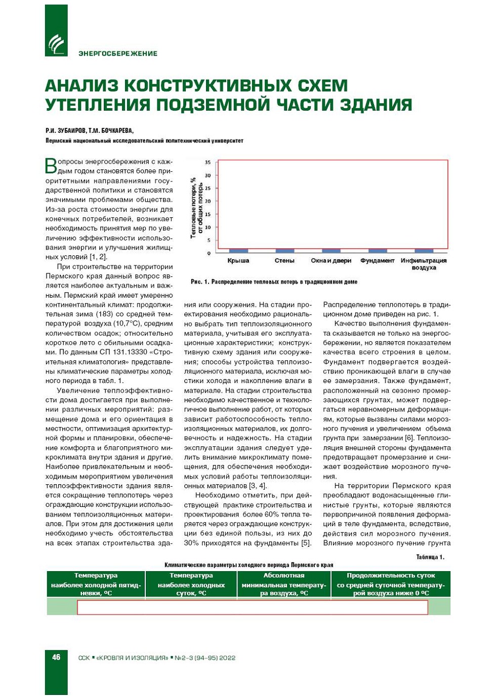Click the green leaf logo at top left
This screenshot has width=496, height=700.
56,44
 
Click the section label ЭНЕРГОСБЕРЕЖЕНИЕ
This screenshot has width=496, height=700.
118,54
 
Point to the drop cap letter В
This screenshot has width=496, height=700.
51,166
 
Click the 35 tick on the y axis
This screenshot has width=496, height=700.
208,163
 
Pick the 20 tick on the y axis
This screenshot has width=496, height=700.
208,201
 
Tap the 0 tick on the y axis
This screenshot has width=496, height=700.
209,253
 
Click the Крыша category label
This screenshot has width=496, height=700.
238,261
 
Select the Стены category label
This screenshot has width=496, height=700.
284,261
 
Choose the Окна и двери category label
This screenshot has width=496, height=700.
331,261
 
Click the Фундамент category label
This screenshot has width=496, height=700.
377,261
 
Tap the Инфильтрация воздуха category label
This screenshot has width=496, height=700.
424,264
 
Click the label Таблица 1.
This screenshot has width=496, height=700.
430,557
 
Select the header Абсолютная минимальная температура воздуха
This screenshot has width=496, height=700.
283,584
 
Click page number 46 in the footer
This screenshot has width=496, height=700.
56,657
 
